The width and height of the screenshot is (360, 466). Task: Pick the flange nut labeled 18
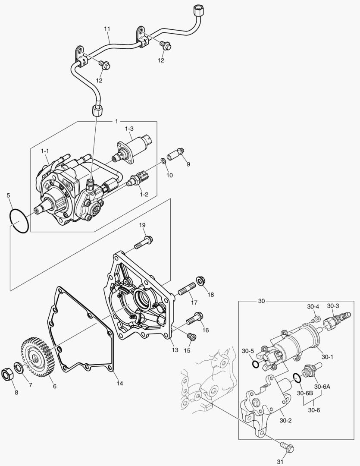point(201,282)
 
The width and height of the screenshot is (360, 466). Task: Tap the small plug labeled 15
point(191,336)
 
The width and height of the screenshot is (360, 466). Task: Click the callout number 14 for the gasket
point(119,383)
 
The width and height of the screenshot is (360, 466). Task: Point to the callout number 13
point(175,350)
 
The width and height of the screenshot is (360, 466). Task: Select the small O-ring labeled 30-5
point(256,365)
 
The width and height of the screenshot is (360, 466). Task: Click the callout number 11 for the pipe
point(107,28)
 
